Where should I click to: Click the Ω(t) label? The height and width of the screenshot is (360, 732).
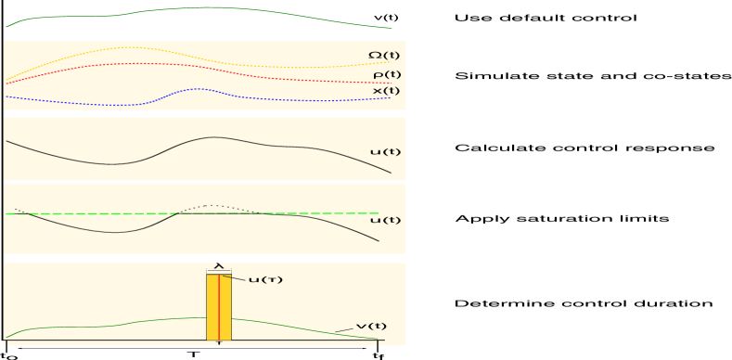[384, 56]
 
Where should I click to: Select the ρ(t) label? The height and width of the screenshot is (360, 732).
[387, 74]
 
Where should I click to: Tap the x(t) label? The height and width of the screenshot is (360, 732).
[386, 91]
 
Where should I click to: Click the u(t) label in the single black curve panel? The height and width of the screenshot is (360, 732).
[385, 152]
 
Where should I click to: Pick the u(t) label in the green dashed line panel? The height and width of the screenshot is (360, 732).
[385, 221]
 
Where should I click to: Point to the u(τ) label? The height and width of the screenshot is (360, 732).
[265, 279]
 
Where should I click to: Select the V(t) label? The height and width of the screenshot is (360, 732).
[371, 327]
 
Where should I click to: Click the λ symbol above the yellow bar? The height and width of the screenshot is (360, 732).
[219, 265]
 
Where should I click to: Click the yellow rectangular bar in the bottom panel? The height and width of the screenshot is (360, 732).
[212, 306]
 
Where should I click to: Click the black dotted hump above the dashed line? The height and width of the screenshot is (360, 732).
[213, 206]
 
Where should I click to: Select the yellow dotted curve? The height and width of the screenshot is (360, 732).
[130, 47]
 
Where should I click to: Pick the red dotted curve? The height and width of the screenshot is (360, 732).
[139, 64]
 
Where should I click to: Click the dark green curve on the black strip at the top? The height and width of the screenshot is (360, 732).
[213, 8]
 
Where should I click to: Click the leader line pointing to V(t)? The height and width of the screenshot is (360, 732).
[344, 329]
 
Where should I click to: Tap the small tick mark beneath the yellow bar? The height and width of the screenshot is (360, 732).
[219, 344]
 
